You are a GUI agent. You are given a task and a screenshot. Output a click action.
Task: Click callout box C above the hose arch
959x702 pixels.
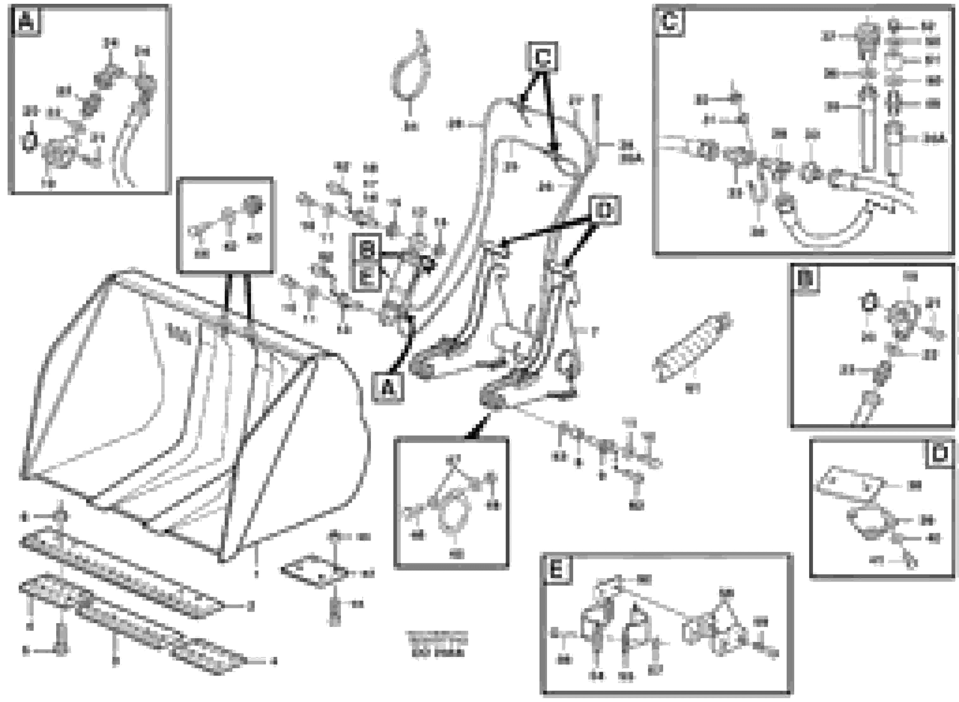coord(543,57)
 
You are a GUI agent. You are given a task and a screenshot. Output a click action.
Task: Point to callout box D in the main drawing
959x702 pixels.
coord(604,210)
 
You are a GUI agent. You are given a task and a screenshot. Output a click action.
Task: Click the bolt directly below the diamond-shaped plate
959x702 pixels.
coord(335,610)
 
